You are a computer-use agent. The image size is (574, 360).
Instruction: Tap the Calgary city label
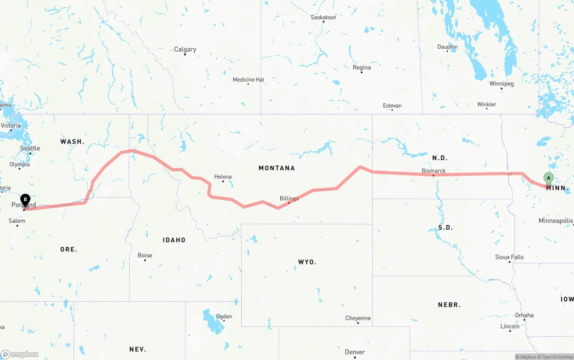(185, 49)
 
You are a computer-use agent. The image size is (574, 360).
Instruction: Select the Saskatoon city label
(323, 17)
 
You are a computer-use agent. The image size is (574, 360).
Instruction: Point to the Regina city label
(361, 68)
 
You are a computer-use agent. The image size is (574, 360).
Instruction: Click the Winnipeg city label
(501, 84)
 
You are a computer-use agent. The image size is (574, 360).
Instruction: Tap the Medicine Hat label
(248, 80)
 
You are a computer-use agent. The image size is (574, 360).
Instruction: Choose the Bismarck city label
(434, 171)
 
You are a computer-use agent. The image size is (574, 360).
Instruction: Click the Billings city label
(289, 199)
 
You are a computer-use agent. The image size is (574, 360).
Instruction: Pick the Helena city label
(223, 177)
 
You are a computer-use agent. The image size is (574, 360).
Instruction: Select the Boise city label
(145, 256)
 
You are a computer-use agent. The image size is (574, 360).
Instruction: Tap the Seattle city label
(30, 148)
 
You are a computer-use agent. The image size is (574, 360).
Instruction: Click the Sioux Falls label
(509, 257)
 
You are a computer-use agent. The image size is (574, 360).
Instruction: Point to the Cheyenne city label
(358, 318)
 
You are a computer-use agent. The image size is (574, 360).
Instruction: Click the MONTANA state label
(277, 168)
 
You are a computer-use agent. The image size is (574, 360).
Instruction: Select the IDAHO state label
(174, 240)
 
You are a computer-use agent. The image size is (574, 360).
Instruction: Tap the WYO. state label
(307, 262)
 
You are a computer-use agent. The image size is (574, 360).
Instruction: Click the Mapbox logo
(20, 354)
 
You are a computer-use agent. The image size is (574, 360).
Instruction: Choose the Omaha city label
(524, 315)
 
